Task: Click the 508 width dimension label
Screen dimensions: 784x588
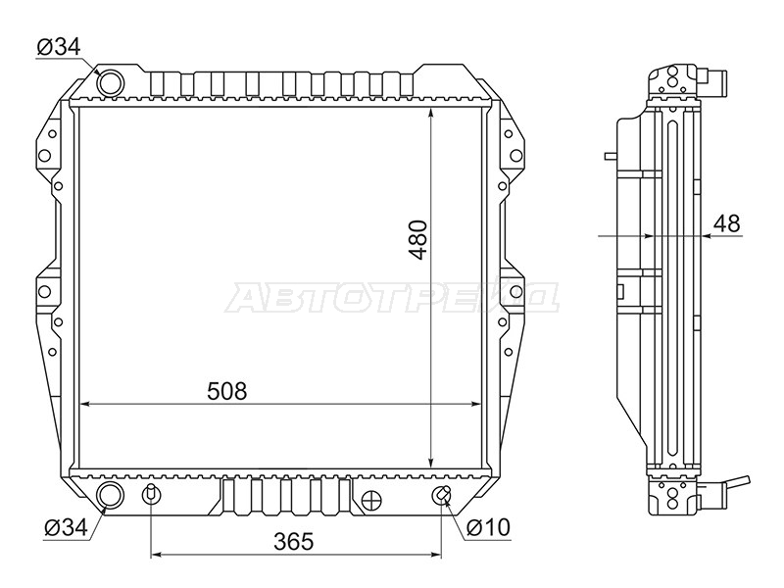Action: pos(227,391)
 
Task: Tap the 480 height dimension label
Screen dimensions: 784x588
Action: pos(418,239)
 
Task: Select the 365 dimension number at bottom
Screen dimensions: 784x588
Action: pos(293,542)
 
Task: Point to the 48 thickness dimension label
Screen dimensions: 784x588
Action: pos(727,223)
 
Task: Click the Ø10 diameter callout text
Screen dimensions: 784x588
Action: pos(488,527)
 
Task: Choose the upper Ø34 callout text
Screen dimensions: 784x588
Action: pos(58,47)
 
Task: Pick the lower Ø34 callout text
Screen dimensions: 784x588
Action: pos(66,527)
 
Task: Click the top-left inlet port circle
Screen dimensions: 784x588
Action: pos(110,82)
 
